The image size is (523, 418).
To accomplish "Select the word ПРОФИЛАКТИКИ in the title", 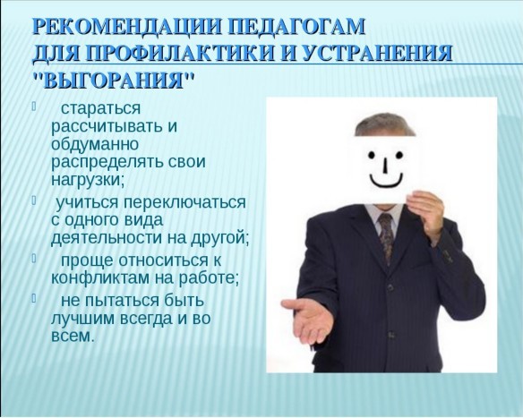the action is pyautogui.click(x=183, y=53).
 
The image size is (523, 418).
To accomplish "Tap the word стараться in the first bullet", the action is pyautogui.click(x=100, y=108).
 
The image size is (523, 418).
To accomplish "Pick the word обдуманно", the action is pyautogui.click(x=95, y=144).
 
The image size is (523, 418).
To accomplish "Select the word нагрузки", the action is pyautogui.click(x=88, y=180).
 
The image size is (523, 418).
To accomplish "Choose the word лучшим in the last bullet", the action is pyautogui.click(x=82, y=318).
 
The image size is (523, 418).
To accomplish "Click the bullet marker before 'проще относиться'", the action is pyautogui.click(x=34, y=258).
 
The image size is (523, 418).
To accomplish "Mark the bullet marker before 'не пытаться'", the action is pyautogui.click(x=34, y=298).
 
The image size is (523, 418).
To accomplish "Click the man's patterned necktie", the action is pyautogui.click(x=386, y=237).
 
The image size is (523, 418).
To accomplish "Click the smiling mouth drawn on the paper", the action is pyautogui.click(x=386, y=181).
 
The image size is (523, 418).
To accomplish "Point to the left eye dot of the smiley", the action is pyautogui.click(x=371, y=154).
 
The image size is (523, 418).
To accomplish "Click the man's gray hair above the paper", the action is pyautogui.click(x=384, y=125).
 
